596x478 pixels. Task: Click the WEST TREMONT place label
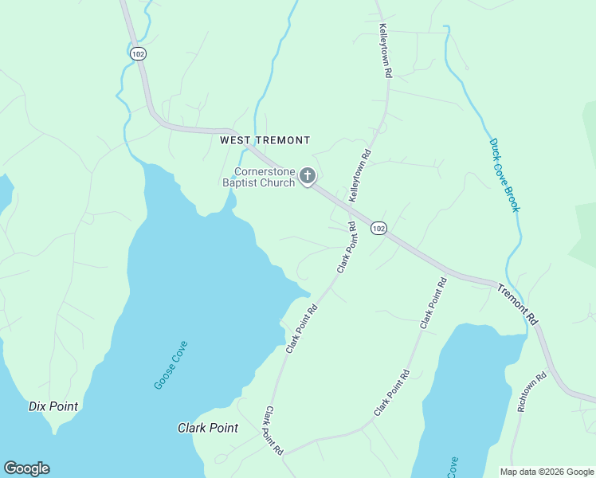tap(265, 140)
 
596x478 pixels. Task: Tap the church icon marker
tap(308, 176)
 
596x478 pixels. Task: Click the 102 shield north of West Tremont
tap(139, 53)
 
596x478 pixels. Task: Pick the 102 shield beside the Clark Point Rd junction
tap(378, 229)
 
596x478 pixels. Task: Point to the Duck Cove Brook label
tap(504, 175)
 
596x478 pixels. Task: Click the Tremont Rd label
tap(518, 304)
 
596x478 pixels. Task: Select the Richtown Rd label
tap(532, 391)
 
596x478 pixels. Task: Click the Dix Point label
tap(53, 406)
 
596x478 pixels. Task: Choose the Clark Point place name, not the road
tap(207, 428)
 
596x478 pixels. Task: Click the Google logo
tap(26, 468)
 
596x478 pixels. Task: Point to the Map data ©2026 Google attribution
tap(547, 472)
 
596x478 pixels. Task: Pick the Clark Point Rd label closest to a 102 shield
tap(346, 248)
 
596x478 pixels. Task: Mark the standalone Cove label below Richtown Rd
tap(453, 467)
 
